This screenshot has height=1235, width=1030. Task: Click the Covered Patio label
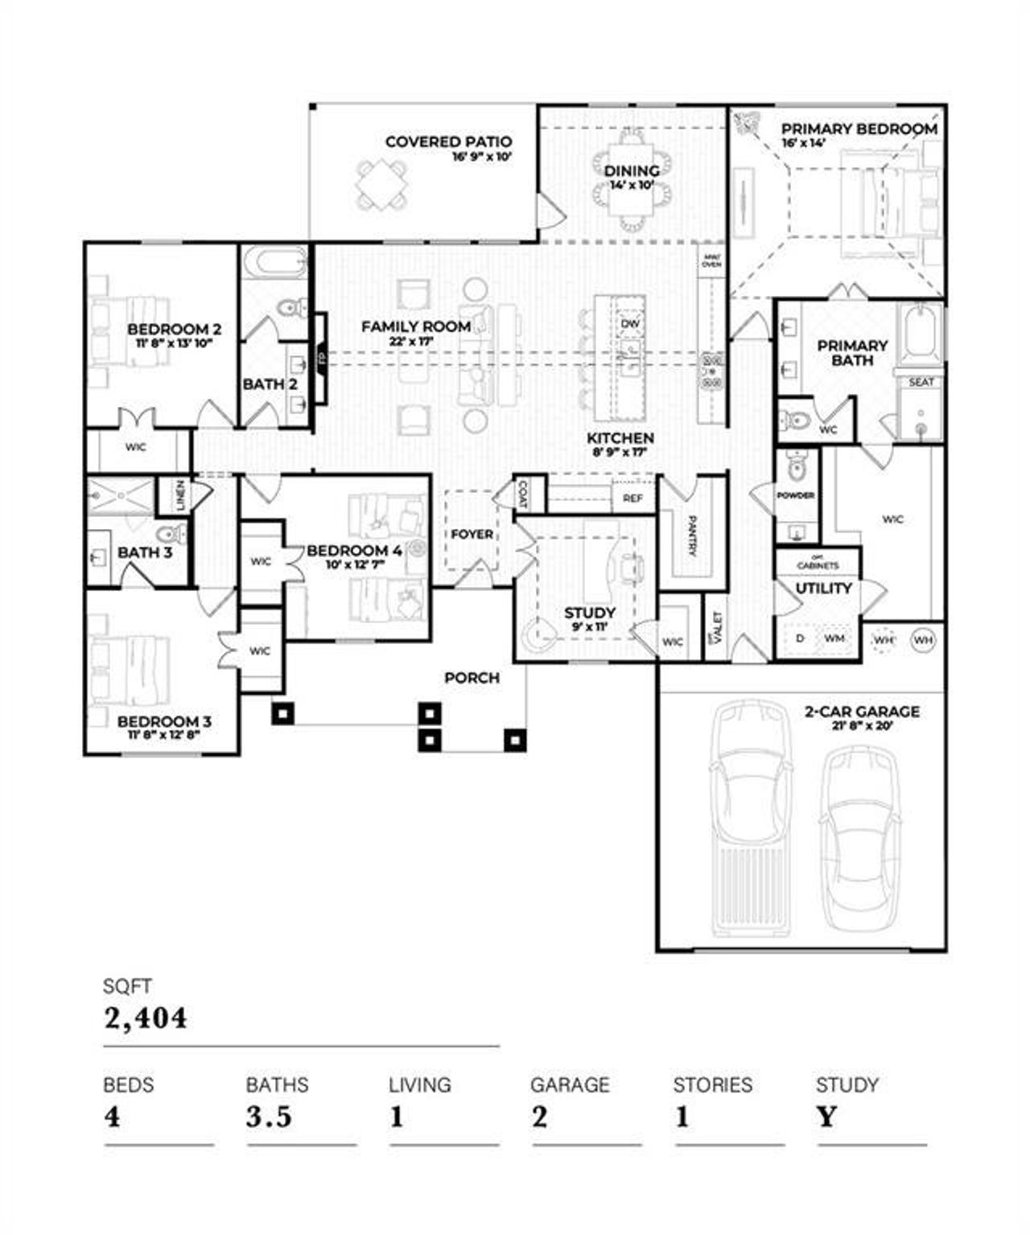pyautogui.click(x=448, y=142)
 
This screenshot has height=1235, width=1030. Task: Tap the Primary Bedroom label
pyautogui.click(x=859, y=129)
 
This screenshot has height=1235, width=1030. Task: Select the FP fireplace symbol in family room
pyautogui.click(x=321, y=357)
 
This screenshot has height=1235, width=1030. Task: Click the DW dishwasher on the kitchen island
pyautogui.click(x=630, y=323)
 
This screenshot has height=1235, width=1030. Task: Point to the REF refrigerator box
pyautogui.click(x=632, y=499)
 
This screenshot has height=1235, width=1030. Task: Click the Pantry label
pyautogui.click(x=691, y=535)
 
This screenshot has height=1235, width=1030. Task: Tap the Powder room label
pyautogui.click(x=795, y=495)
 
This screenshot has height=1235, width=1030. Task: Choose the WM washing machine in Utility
pyautogui.click(x=834, y=638)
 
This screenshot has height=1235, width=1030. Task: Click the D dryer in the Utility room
pyautogui.click(x=800, y=638)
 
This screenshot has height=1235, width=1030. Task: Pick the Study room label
pyautogui.click(x=589, y=613)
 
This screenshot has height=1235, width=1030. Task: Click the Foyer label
pyautogui.click(x=472, y=534)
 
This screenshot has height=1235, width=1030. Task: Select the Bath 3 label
pyautogui.click(x=145, y=552)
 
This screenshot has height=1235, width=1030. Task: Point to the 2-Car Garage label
pyautogui.click(x=862, y=712)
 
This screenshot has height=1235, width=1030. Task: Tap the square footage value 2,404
pyautogui.click(x=146, y=1018)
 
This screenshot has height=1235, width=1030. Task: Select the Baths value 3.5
pyautogui.click(x=269, y=1117)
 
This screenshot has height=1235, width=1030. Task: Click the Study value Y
pyautogui.click(x=826, y=1117)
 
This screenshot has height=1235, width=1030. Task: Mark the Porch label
pyautogui.click(x=472, y=678)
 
